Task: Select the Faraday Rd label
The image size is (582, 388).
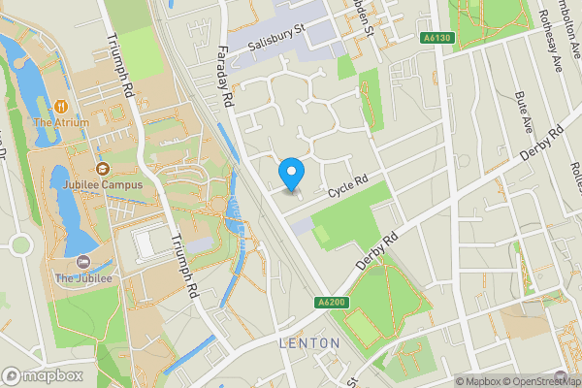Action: click(226, 77)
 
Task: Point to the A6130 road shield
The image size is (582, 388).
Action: click(438, 38)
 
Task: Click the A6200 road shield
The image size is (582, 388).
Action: click(332, 304)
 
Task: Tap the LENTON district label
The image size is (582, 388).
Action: click(309, 343)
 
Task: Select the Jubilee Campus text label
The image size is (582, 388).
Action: click(99, 184)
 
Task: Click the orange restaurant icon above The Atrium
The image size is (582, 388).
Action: click(61, 105)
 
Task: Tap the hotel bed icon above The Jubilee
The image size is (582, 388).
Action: click(82, 262)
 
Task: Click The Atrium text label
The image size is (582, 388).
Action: click(61, 122)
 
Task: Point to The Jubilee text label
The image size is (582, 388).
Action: click(83, 278)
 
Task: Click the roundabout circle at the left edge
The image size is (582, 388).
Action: click(19, 244)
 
